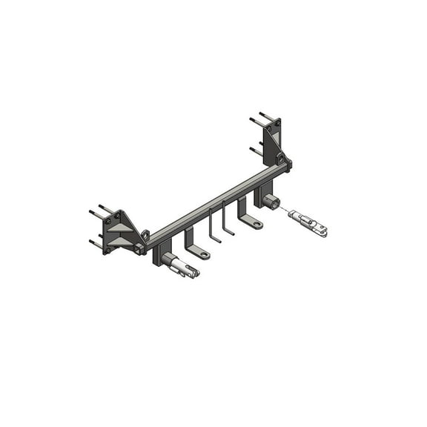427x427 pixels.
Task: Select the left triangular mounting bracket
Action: pyautogui.click(x=119, y=231)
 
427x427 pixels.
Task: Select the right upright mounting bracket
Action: pyautogui.click(x=273, y=142)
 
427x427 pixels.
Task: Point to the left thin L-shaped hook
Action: pyautogui.click(x=213, y=227)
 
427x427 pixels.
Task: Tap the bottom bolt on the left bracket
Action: pyautogui.click(x=96, y=244)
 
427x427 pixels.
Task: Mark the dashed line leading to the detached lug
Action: pyautogui.click(x=283, y=210)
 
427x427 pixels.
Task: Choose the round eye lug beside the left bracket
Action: pyautogui.click(x=146, y=235)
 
